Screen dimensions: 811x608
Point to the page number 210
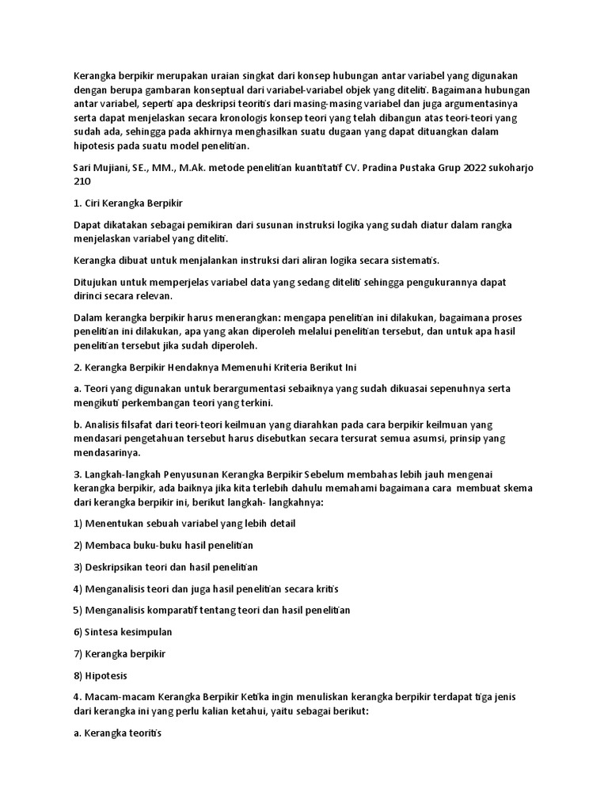click(82, 181)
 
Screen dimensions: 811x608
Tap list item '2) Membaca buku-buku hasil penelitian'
click(163, 546)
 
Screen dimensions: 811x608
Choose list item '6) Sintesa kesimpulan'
click(122, 632)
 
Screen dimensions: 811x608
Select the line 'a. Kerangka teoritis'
click(116, 734)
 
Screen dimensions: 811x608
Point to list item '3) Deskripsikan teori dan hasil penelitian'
click(165, 567)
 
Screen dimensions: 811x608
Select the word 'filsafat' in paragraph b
click(139, 425)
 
